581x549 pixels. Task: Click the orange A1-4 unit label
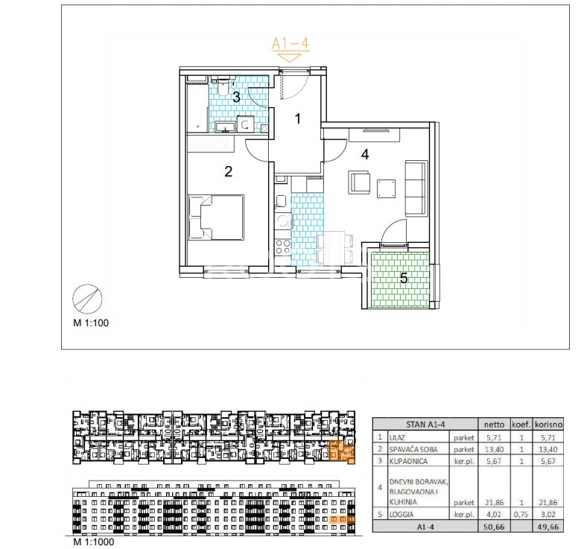(290, 44)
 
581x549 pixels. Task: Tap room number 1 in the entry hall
(297, 119)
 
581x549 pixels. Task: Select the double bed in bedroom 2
(217, 218)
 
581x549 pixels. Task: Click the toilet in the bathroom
(223, 87)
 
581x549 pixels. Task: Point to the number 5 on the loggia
(404, 278)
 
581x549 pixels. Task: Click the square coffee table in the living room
(386, 188)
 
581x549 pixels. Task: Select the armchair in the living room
(359, 183)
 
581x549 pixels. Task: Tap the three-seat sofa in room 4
(416, 188)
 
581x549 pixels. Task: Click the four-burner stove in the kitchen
(283, 247)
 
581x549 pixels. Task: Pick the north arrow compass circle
(87, 299)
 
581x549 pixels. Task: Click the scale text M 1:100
(91, 323)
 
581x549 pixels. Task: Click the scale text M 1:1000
(94, 542)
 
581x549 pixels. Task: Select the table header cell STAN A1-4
(425, 425)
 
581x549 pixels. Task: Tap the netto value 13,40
(495, 449)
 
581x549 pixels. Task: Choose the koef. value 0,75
(521, 515)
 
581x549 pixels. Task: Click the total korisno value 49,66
(548, 527)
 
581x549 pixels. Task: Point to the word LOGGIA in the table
(401, 515)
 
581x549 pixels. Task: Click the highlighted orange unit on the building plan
(342, 451)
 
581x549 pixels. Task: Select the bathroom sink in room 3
(225, 127)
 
